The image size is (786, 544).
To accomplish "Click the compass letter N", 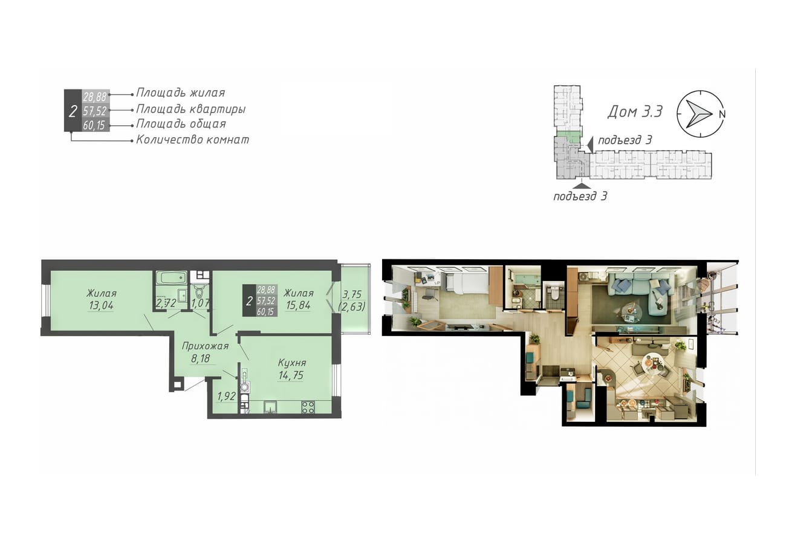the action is click(722, 114).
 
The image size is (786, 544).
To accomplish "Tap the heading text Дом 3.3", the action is click(635, 112).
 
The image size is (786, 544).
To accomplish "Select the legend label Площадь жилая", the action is click(180, 93).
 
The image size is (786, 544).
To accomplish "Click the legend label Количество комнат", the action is click(193, 140).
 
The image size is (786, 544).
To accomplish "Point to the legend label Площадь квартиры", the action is click(191, 109).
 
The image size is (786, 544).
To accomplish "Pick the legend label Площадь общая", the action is click(181, 124).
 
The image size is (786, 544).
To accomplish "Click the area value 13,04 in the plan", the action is click(101, 305).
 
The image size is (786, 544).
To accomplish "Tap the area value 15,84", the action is click(298, 305).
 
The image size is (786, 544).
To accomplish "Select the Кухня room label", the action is click(292, 363).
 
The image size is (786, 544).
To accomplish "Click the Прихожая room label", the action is click(206, 346).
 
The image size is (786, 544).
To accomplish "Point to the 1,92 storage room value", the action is click(227, 397).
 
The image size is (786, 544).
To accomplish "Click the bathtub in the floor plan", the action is click(172, 278).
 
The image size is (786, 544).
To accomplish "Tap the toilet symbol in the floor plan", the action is click(200, 292).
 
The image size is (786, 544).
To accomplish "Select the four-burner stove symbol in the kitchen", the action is click(308, 407).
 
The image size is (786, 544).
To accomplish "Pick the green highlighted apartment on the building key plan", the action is click(569, 136).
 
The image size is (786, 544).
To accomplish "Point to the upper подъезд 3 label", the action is click(625, 140).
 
